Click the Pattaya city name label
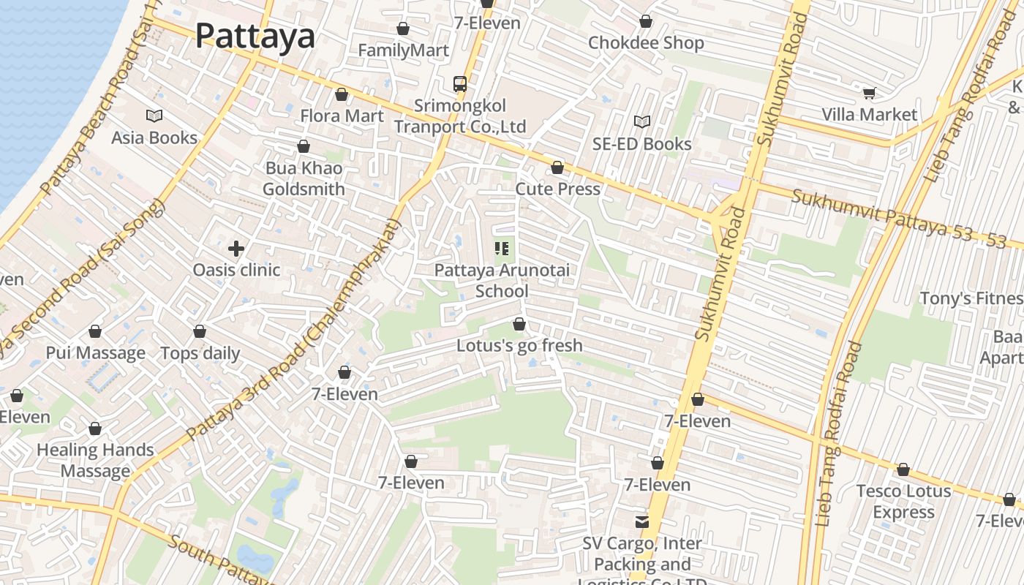coord(255,35)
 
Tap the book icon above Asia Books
coord(154,116)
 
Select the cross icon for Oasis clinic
coord(236,249)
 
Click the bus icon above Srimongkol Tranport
coord(460,84)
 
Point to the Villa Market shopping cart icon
coord(869,93)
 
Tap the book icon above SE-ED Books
coord(641,121)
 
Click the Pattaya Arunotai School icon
coord(502,249)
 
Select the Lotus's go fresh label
coord(519,345)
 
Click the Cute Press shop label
coord(557,189)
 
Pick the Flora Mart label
coord(342,116)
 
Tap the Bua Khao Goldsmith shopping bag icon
coord(304,147)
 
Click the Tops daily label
coord(200,353)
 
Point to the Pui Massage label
coord(95,353)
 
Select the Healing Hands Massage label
coord(95,460)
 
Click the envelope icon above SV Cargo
coord(641,521)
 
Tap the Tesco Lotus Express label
coord(903,501)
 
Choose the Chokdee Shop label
coord(646,42)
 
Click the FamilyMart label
coord(403,50)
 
